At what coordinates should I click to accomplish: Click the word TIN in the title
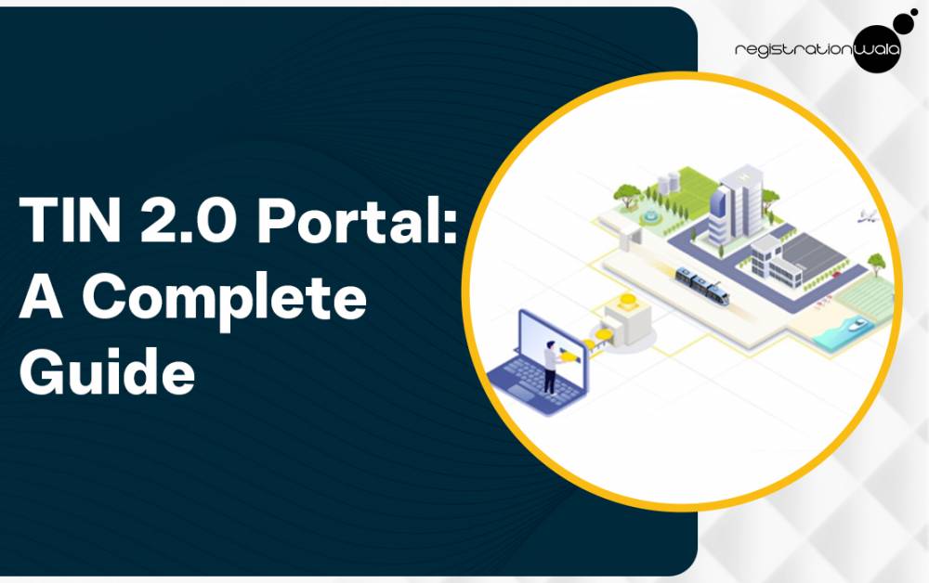[x=70, y=220]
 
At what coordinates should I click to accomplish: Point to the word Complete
[x=225, y=296]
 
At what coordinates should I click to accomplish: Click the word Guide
[x=107, y=370]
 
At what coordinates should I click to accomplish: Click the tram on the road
[x=702, y=285]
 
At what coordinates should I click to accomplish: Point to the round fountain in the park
[x=649, y=217]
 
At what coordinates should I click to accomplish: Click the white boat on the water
[x=857, y=324]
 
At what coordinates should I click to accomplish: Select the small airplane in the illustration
[x=866, y=217]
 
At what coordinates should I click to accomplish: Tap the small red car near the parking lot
[x=836, y=274]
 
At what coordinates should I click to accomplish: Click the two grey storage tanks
[x=668, y=182]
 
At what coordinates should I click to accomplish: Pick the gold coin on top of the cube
[x=627, y=299]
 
